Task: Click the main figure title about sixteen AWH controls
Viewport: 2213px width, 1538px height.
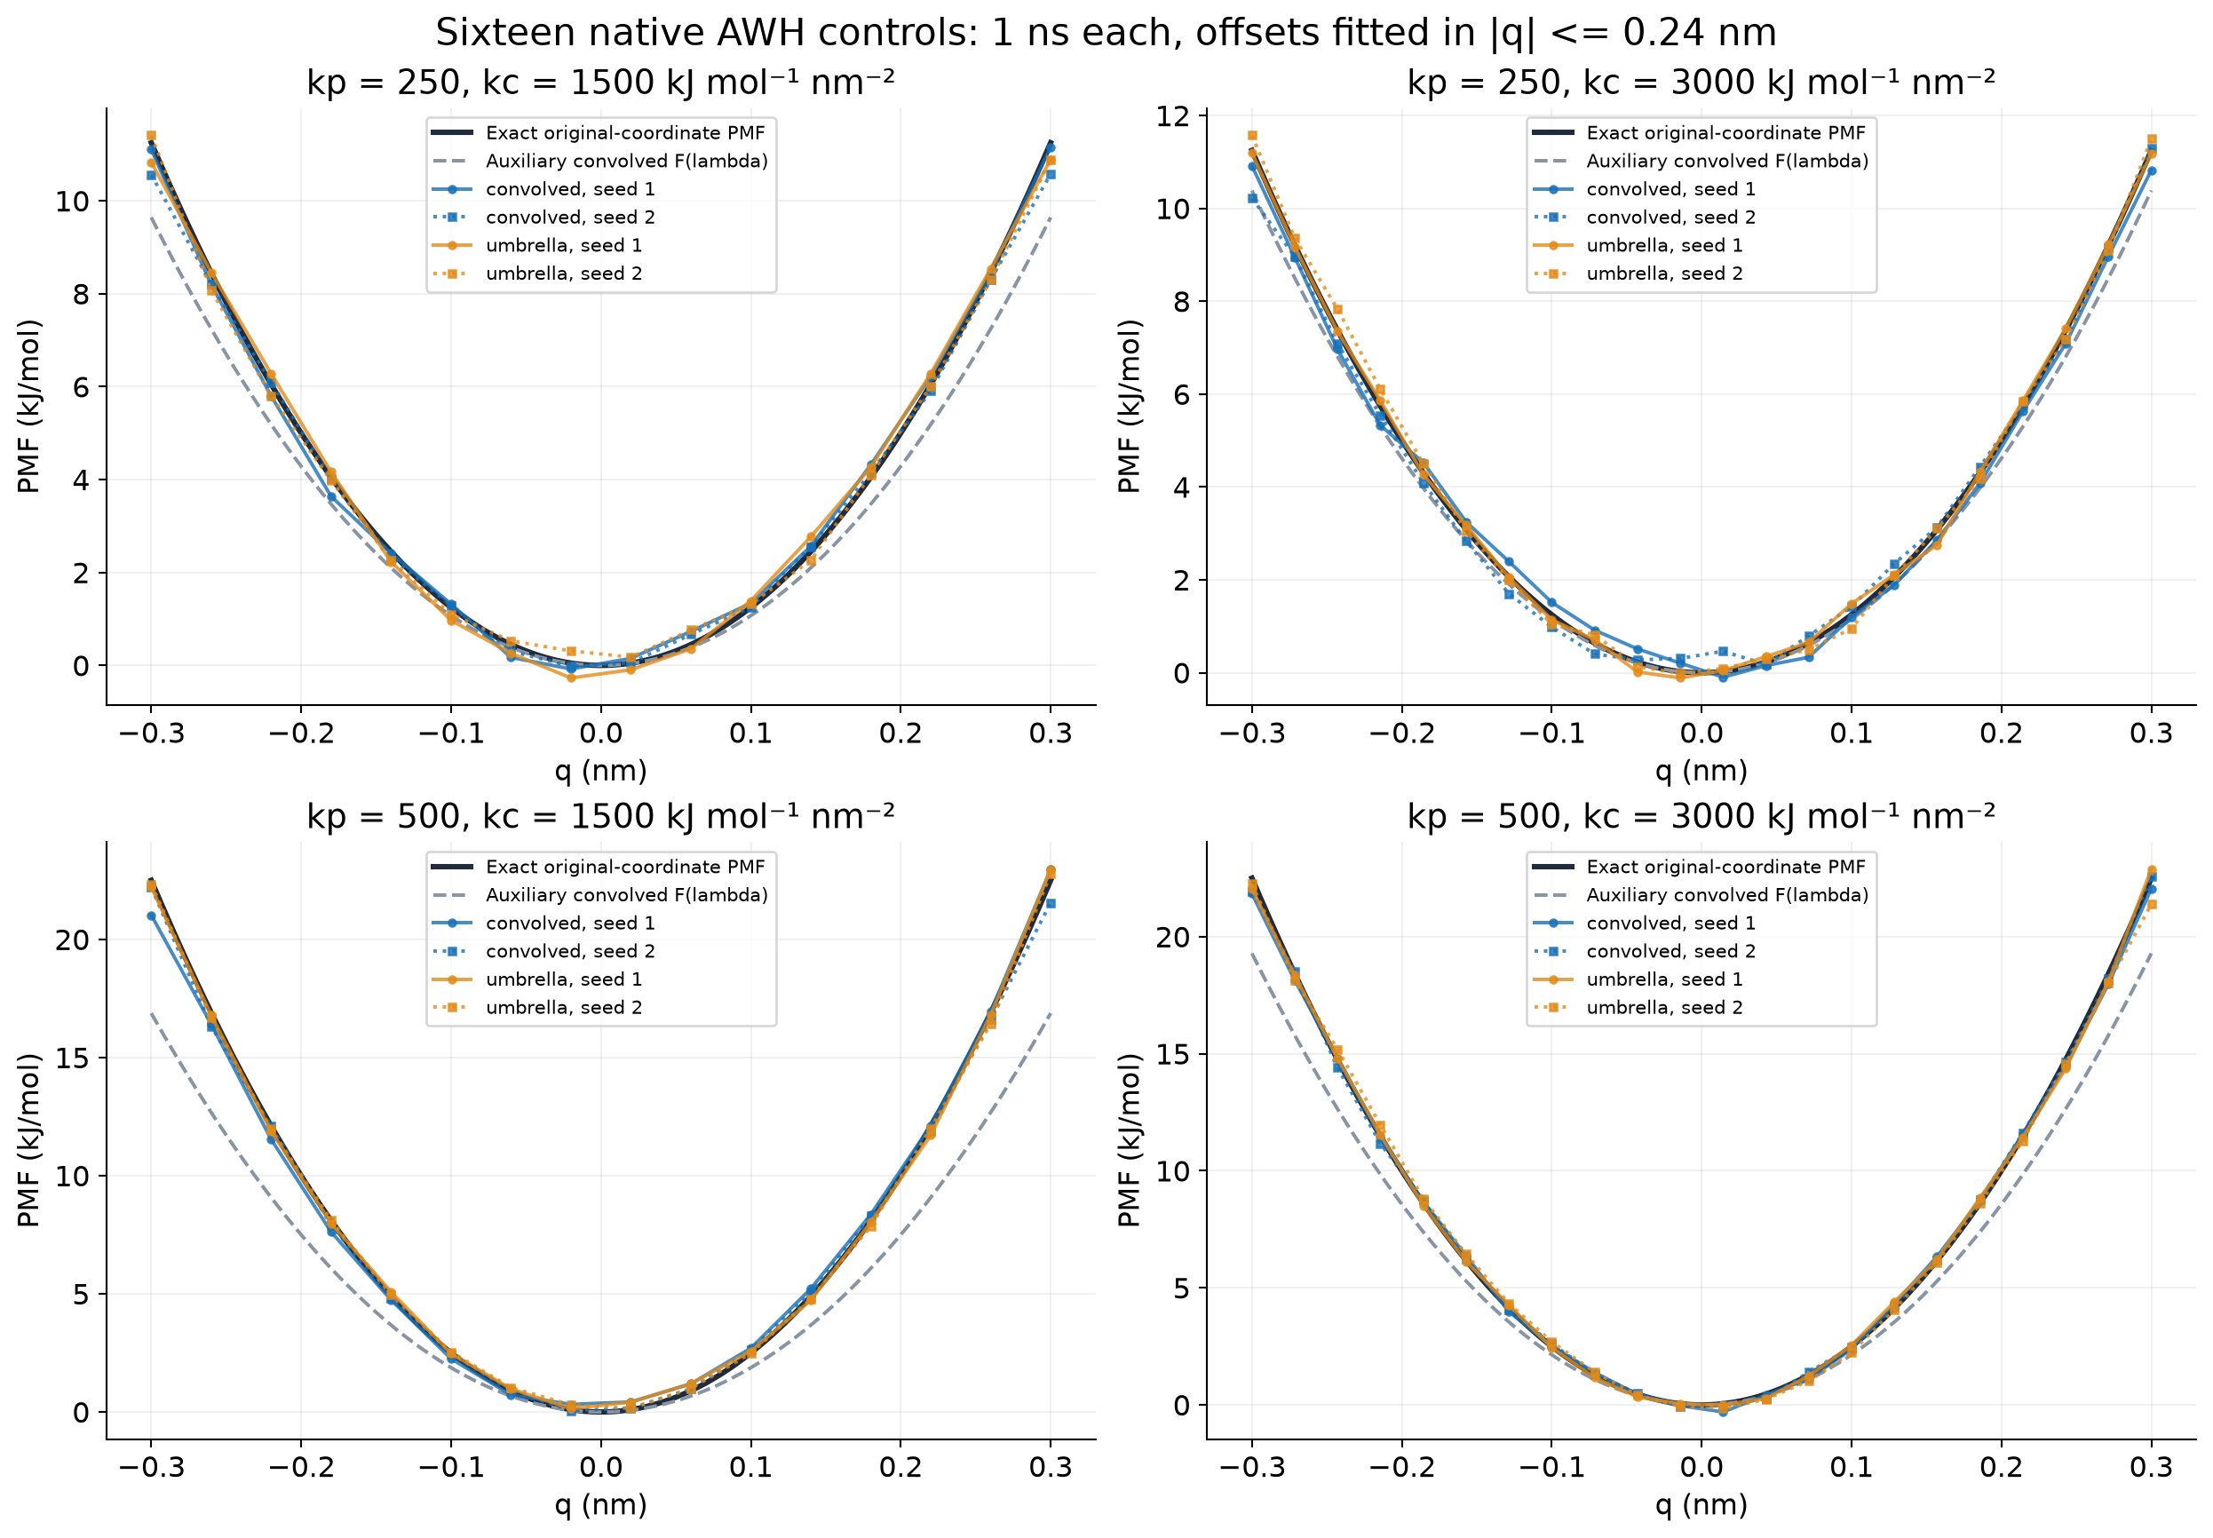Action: coord(1105,33)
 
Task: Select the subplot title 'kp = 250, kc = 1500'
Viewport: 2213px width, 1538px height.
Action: coord(600,82)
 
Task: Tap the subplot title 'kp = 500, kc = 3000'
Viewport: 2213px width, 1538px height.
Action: coord(1701,816)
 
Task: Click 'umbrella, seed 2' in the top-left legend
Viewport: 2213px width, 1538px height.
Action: coord(564,274)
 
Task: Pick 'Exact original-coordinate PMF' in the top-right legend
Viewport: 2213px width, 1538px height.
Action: coord(1725,133)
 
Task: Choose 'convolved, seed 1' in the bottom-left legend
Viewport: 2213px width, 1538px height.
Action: coord(569,924)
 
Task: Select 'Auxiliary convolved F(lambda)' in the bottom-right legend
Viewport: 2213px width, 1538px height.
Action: coord(1726,895)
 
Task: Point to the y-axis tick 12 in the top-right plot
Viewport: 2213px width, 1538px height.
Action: coord(1173,116)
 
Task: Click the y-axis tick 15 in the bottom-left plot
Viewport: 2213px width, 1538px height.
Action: coord(72,1058)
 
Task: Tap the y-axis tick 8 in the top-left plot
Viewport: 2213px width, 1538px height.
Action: coord(82,294)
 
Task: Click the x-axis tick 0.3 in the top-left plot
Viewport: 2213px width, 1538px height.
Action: coord(1051,733)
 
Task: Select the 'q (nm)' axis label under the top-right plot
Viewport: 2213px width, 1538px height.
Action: coord(1701,771)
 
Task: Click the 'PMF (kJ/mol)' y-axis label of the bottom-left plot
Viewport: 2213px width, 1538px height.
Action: coord(29,1140)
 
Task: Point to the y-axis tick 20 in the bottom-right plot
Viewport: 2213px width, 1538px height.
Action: coord(1173,937)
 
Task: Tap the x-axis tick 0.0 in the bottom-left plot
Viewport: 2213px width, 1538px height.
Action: coord(600,1467)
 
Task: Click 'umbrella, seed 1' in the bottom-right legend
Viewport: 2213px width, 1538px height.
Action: coord(1664,979)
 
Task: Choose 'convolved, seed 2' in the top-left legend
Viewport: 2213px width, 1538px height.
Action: coord(569,218)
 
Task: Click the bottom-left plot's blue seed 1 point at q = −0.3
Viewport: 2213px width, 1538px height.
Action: coord(151,916)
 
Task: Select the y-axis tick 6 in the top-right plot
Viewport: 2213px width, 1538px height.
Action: coord(1182,395)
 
